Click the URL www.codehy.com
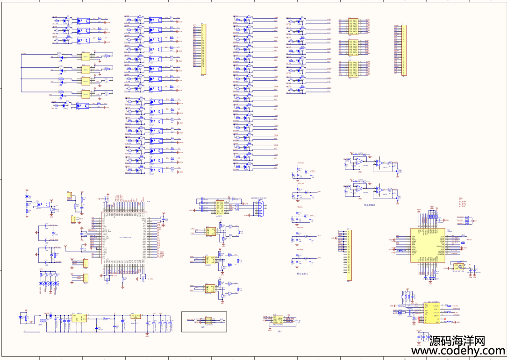click(457, 351)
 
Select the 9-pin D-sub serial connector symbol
click(259, 208)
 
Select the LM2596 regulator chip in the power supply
click(79, 318)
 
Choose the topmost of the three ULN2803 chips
click(352, 27)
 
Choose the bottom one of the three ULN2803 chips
click(352, 69)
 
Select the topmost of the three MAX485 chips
click(210, 231)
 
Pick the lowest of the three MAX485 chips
click(209, 289)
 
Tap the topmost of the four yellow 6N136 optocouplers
click(86, 57)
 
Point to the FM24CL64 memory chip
click(278, 319)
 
